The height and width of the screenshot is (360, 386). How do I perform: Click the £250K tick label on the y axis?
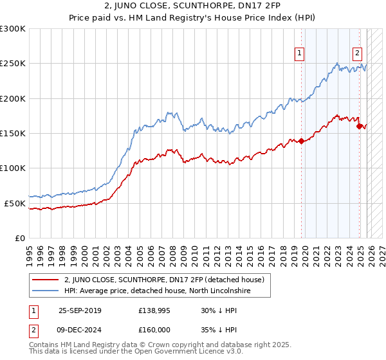pos(13,64)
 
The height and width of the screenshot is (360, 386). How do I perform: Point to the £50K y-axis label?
pos(15,203)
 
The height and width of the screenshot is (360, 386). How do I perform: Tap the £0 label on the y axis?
pos(20,238)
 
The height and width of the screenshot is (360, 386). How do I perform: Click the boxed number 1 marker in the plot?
pos(300,54)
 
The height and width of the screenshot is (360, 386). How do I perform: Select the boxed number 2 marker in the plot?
pos(358,54)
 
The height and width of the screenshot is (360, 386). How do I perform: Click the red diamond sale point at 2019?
pos(301,141)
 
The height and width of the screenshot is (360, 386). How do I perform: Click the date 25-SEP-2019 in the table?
pos(80,310)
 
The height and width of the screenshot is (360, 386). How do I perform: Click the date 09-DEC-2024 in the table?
pos(80,330)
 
